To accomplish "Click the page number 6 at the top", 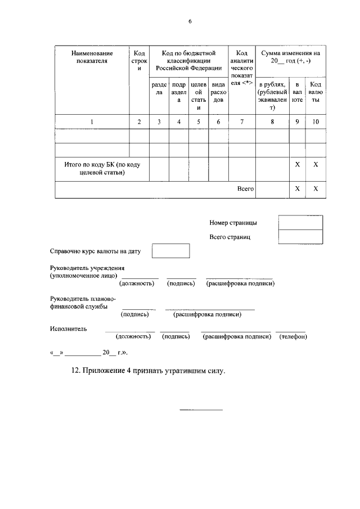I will pos(190,21).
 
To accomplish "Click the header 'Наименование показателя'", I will pos(92,57).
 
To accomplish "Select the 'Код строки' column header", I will pos(139,60).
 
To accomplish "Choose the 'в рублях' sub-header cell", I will pos(272,96).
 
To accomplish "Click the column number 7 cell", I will pos(242,121).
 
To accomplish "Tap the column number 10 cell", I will pos(316,121).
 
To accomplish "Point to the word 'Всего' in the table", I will pos(244,190).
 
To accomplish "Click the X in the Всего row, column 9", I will pos(297,190).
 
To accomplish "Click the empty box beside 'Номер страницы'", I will pos(300,223).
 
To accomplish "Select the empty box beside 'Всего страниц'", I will pos(300,237).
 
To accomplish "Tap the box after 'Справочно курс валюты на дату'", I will pos(171,251).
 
